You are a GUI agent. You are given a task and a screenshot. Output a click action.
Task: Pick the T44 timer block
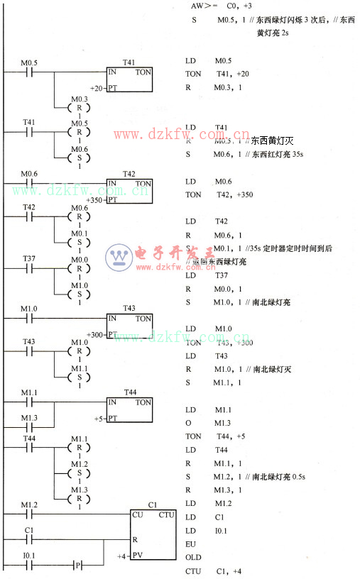(129, 410)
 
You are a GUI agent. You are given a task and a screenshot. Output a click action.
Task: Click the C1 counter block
(153, 534)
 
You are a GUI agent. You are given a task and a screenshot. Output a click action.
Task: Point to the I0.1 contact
(28, 566)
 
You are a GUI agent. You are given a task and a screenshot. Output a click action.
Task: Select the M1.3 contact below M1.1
(28, 428)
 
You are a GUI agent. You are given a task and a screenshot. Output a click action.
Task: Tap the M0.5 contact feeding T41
(28, 72)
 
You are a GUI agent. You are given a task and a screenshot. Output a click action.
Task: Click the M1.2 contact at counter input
(28, 514)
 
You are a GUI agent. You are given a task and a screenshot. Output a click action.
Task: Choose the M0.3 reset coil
(80, 108)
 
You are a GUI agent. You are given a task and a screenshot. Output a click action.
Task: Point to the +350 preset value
(94, 200)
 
